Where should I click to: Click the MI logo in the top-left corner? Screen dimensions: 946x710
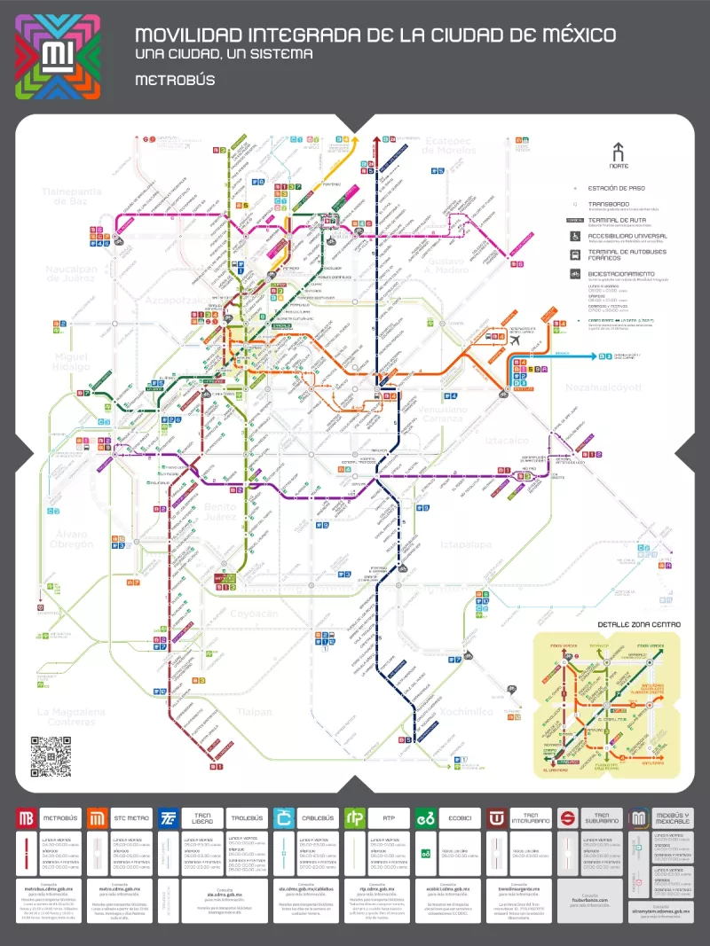58,57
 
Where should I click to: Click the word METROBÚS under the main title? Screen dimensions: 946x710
175,80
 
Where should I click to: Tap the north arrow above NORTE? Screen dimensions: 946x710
619,152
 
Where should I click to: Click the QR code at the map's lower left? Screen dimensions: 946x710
51,755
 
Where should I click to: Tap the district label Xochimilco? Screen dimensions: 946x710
467,711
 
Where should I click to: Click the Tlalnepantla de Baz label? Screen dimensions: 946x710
72,196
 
